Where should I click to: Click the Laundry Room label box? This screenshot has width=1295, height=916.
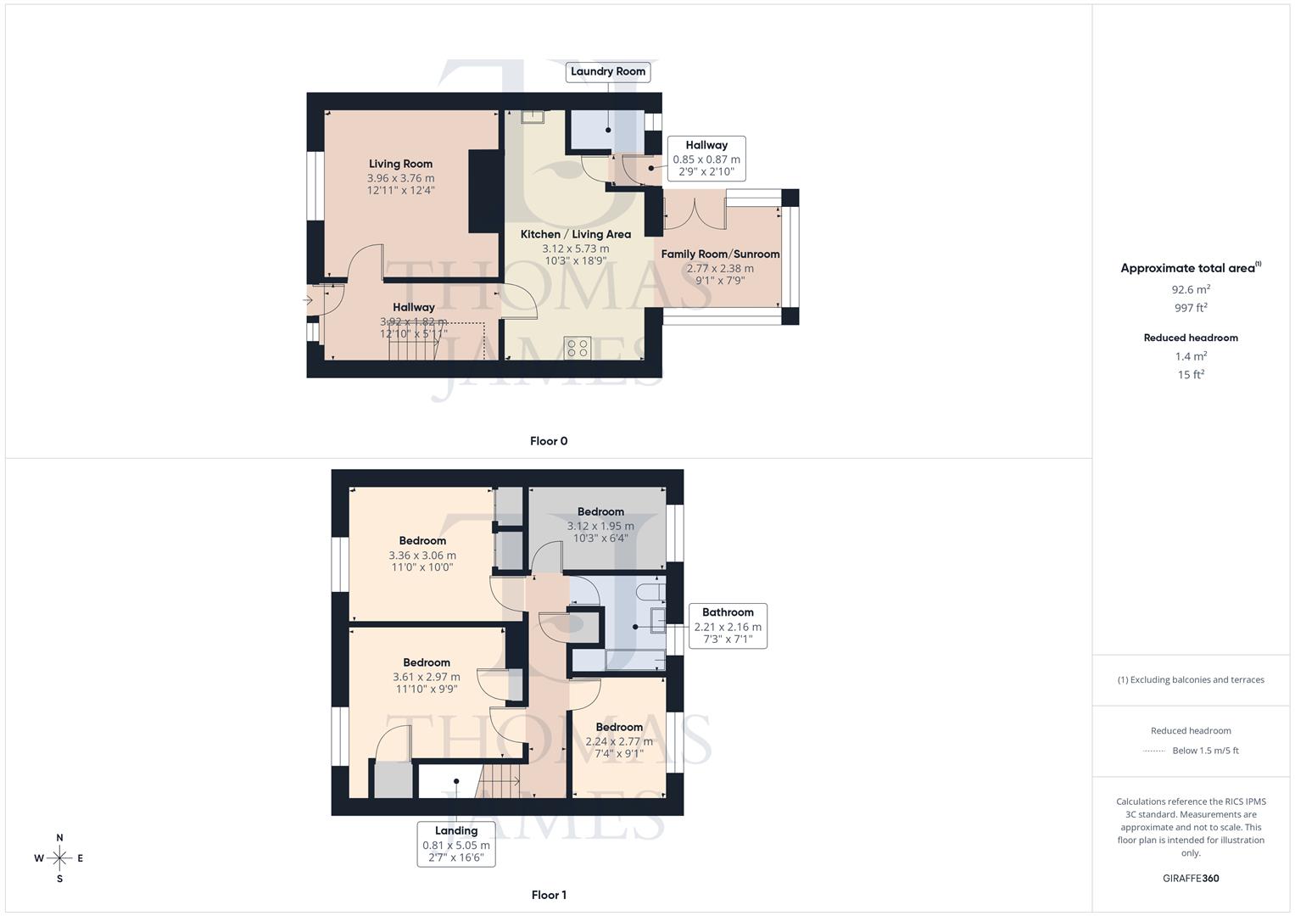point(608,71)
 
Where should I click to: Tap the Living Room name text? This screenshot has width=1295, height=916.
point(400,164)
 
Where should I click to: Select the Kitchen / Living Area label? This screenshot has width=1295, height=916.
point(575,234)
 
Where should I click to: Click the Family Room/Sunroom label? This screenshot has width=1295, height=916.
point(720,254)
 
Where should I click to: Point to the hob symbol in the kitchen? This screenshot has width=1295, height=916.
point(577,348)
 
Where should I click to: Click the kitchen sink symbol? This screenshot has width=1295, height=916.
point(532,117)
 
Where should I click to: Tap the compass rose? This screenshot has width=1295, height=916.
point(59,858)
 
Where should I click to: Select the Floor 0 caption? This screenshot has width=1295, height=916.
point(549,441)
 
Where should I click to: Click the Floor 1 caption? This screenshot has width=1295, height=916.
point(549,895)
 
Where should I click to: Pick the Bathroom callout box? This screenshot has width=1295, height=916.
point(728,626)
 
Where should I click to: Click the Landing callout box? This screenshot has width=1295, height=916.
point(456,844)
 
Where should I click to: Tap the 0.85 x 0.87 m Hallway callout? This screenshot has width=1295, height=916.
point(706,159)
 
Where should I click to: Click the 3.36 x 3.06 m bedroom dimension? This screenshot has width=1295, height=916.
point(422,556)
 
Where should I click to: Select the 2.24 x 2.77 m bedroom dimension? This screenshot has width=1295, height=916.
point(619,741)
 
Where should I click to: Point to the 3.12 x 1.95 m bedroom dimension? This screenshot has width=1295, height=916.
point(600,526)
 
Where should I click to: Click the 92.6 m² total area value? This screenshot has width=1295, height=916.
point(1191,289)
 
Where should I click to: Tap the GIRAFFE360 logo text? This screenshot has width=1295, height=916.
point(1191,878)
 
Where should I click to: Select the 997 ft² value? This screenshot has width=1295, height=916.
point(1191,308)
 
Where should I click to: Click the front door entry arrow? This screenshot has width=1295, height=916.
point(309,299)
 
